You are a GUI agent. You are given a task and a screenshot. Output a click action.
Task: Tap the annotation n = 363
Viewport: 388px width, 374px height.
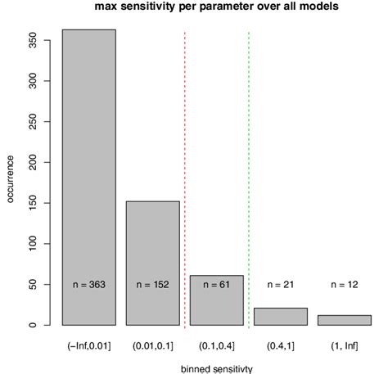[89, 284]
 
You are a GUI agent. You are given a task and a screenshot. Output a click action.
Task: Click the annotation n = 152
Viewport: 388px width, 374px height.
[152, 284]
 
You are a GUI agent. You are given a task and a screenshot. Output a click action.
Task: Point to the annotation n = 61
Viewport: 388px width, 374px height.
[216, 284]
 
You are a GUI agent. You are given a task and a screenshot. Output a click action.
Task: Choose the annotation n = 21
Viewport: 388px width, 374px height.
[280, 284]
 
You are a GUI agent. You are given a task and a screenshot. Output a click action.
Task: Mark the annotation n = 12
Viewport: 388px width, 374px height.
[343, 284]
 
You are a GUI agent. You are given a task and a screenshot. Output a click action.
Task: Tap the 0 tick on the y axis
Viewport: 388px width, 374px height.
[32, 325]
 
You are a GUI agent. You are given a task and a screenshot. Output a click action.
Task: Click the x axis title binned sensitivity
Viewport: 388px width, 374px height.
[216, 368]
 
